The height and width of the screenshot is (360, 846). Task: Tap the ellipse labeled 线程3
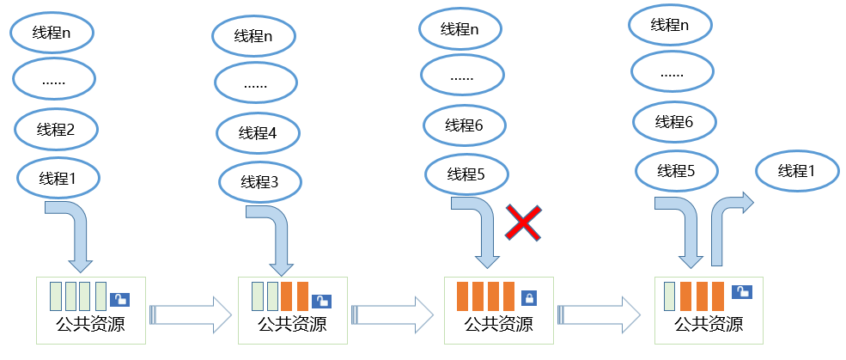pos(260,182)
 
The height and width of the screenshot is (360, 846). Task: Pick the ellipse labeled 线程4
pos(259,133)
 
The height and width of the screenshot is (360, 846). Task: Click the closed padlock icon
pos(529,298)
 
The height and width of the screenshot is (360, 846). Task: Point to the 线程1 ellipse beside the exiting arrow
pos(796,171)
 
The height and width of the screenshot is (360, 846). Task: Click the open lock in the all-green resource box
pos(121,299)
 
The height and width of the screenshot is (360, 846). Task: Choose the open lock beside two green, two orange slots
pos(322,300)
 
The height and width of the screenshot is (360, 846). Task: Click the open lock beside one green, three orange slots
pos(741,292)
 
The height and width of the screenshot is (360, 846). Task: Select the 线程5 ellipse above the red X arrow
pos(466,174)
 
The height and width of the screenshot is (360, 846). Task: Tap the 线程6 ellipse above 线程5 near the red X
pos(465,125)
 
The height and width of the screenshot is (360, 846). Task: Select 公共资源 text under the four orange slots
pos(498,326)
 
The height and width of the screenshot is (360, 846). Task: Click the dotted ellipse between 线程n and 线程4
pos(255,84)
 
